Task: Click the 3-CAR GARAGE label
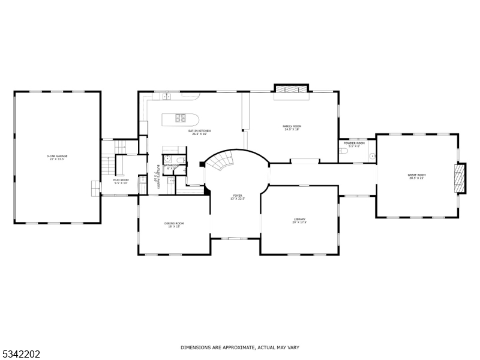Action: click(x=57, y=156)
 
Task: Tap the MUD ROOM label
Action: click(x=121, y=179)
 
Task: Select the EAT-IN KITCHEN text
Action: click(x=199, y=131)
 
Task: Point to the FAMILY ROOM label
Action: click(x=292, y=126)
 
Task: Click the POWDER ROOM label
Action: click(x=354, y=143)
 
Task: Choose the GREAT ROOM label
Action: click(x=416, y=175)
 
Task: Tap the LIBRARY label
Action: click(x=299, y=219)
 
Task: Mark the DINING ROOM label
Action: click(x=174, y=223)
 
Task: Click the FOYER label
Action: click(x=238, y=196)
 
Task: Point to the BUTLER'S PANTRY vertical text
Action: click(x=158, y=176)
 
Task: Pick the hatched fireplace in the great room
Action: click(x=459, y=178)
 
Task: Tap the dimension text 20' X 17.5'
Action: click(x=299, y=223)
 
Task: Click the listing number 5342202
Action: click(x=20, y=354)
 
